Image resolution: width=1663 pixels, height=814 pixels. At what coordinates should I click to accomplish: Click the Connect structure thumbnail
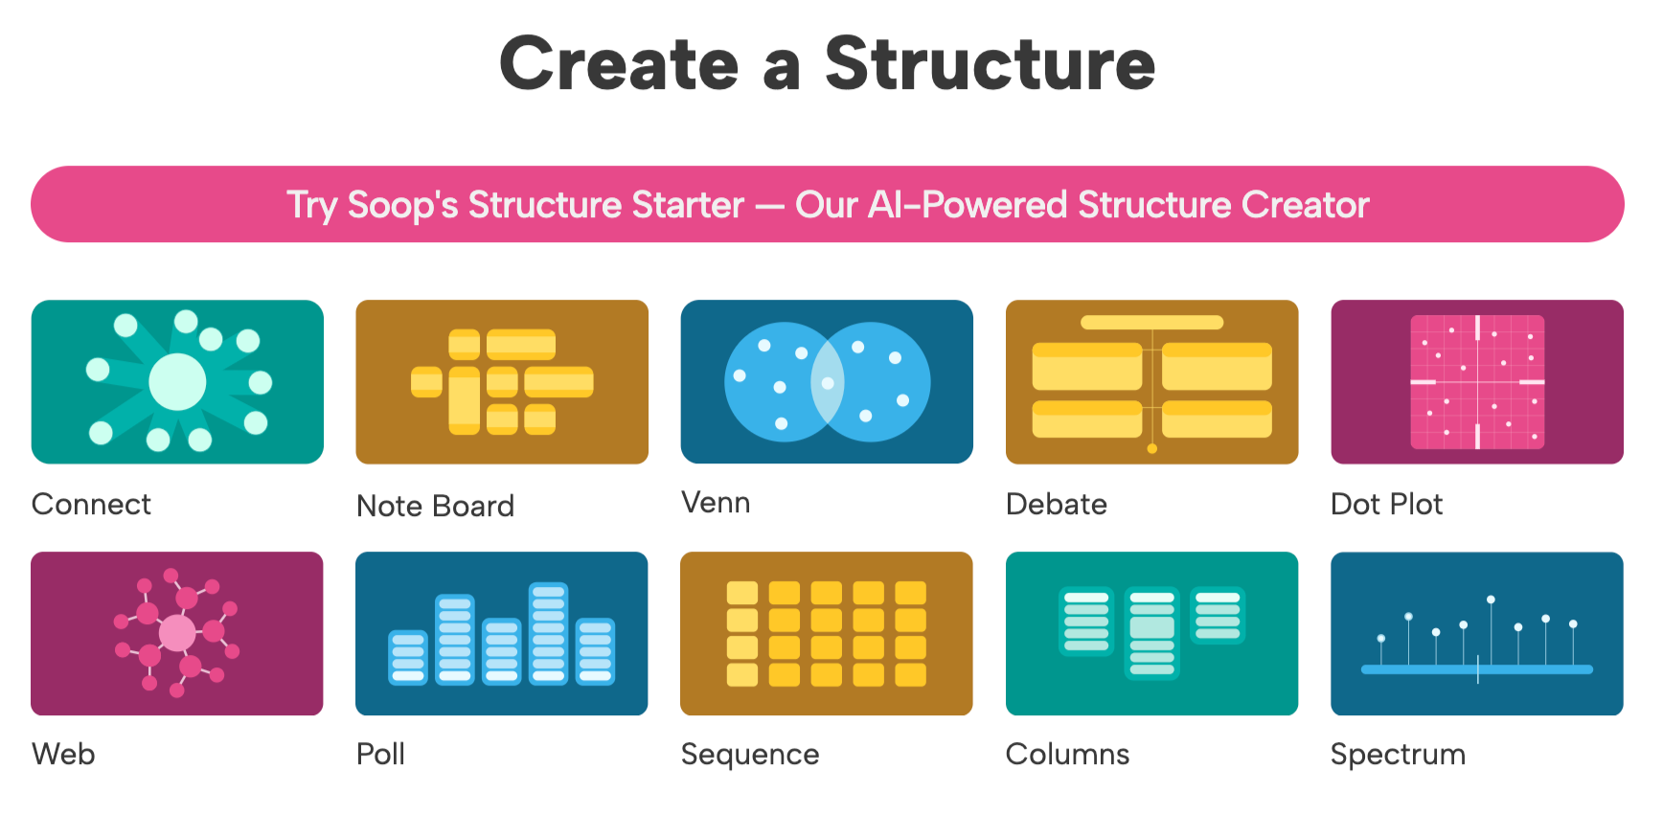177,382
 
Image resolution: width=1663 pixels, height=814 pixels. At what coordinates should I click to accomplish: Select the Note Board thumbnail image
502,382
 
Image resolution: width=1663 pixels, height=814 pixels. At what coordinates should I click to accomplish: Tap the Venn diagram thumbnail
827,382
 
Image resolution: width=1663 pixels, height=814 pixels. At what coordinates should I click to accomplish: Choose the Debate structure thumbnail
1151,382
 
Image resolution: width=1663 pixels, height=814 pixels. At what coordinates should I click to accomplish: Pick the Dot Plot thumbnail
1476,382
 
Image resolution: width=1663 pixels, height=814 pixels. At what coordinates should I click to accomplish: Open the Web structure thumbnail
177,633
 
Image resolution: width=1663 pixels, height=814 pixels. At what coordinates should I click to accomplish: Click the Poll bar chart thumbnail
502,633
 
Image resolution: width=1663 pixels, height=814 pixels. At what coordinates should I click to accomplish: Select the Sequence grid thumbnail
827,633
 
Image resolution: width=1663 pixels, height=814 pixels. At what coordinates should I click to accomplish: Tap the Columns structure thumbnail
1151,633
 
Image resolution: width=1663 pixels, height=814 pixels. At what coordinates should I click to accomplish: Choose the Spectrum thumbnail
1476,633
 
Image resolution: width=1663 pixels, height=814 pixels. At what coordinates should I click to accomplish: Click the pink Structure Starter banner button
828,204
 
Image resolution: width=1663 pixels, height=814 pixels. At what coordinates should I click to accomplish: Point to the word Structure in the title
990,64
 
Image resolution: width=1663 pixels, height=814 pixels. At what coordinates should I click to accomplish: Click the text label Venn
716,503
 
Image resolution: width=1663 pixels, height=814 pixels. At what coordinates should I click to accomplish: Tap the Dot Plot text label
1386,505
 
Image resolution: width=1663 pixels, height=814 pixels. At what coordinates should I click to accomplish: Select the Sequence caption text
750,755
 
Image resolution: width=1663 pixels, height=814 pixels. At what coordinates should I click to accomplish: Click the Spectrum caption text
1398,755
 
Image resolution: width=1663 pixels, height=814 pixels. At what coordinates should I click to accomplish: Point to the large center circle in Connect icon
177,382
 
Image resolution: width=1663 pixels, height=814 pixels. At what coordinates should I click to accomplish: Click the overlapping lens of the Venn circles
828,382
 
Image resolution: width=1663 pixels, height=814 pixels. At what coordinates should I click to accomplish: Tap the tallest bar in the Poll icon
548,633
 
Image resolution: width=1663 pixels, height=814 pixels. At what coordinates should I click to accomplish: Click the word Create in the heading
619,64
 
